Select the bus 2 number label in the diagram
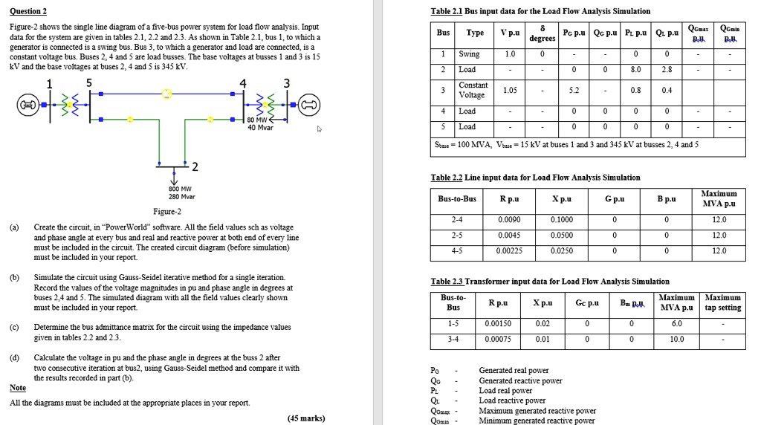[x=194, y=165]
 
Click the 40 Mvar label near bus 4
[x=260, y=127]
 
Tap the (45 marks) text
[x=307, y=418]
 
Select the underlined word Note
[x=18, y=388]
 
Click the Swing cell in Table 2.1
[x=470, y=54]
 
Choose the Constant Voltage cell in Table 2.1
[x=474, y=90]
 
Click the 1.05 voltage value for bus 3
[x=510, y=91]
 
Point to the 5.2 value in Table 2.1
[x=574, y=91]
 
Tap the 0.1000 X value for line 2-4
[x=562, y=220]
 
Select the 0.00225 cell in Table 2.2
[x=509, y=251]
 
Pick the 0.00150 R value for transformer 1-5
[x=498, y=324]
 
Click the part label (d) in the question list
[x=15, y=357]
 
